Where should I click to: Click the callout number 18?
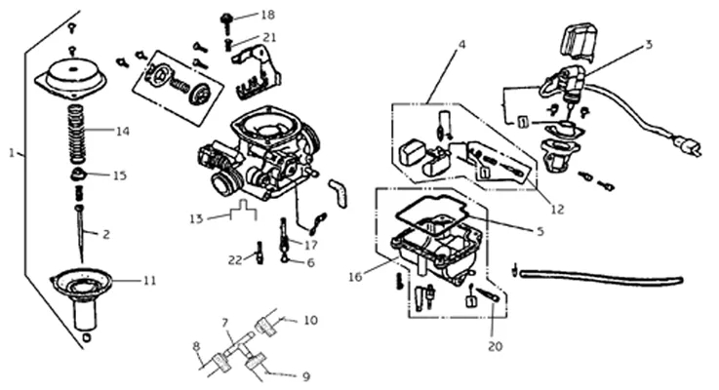coord(267,15)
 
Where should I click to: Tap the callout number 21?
coord(269,37)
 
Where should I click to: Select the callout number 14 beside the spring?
coord(122,132)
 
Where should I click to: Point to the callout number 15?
coord(120,175)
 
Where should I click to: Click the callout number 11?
coord(150,280)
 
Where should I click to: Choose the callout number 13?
coord(196,218)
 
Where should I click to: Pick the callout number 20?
coord(496,346)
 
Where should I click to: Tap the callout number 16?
coord(355,277)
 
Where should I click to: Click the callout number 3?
coord(649,45)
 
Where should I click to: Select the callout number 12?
coord(557,210)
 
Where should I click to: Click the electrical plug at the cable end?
coord(688,146)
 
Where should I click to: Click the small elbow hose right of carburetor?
coord(339,192)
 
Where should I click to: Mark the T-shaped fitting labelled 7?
coord(238,344)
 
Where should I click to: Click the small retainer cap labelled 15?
coord(78,175)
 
